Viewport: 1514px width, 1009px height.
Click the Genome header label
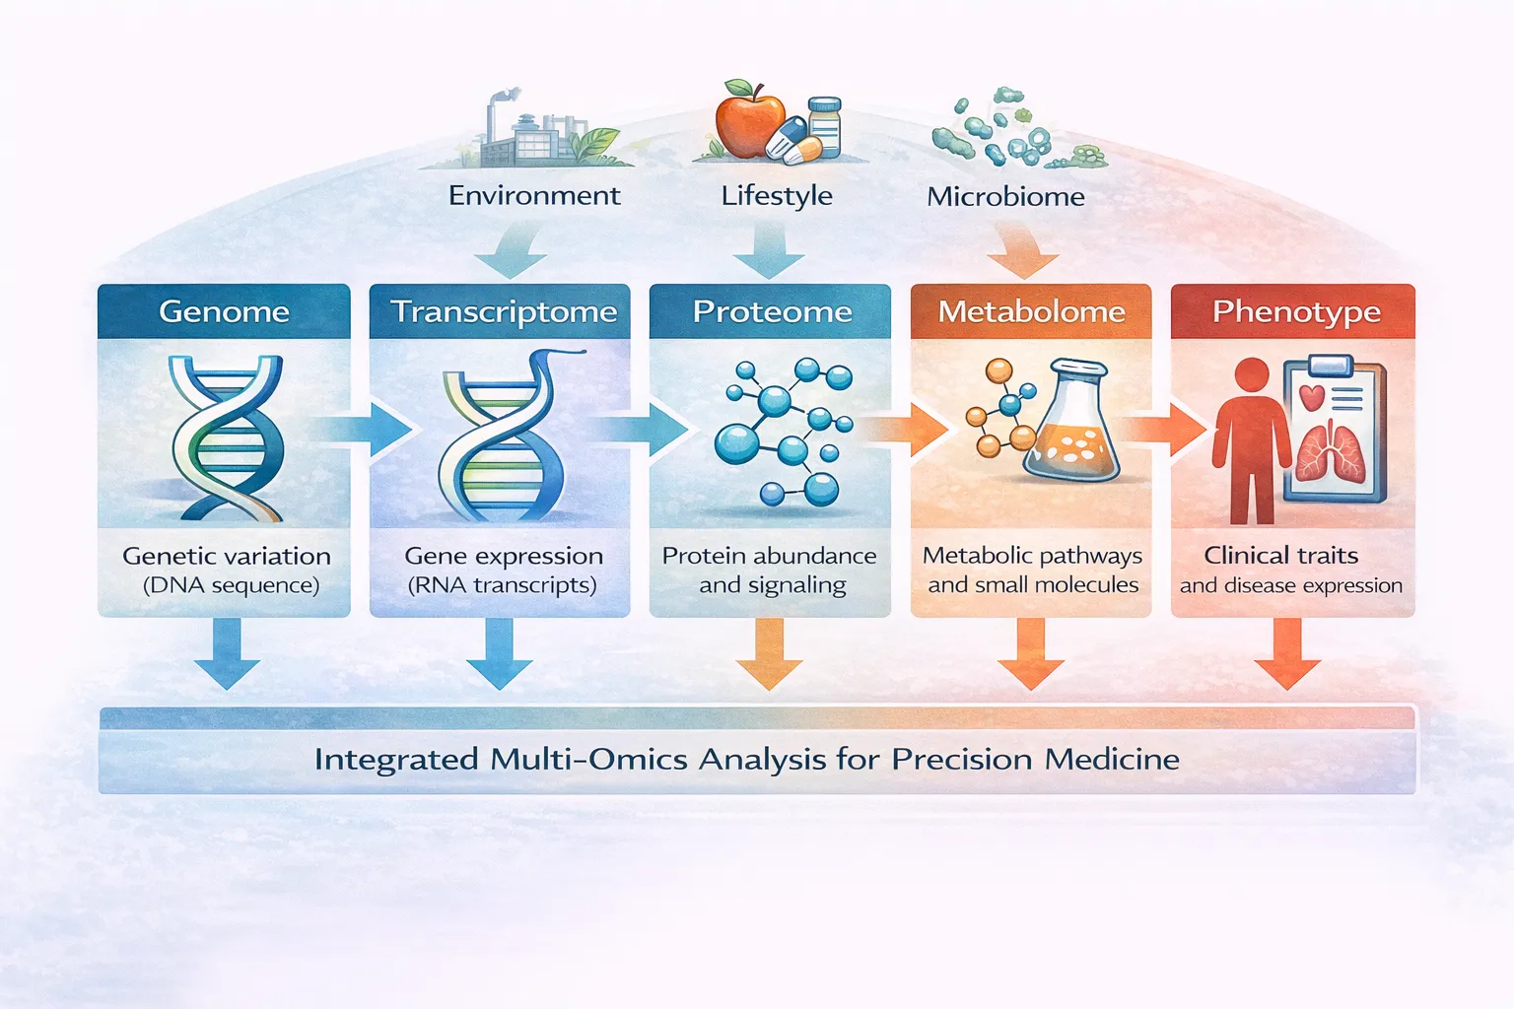click(x=224, y=311)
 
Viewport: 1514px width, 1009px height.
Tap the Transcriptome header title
click(x=503, y=311)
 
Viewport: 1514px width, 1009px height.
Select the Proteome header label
click(x=772, y=311)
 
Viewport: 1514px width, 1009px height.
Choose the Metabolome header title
click(x=1031, y=311)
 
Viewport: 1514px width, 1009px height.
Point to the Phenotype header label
click(x=1295, y=311)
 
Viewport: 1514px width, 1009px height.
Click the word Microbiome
click(x=1005, y=196)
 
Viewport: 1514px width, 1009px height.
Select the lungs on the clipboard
click(x=1331, y=453)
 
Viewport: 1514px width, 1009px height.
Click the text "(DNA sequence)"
click(x=231, y=585)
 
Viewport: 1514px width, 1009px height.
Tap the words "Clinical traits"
click(x=1280, y=555)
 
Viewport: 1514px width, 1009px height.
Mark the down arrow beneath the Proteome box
click(x=769, y=654)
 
